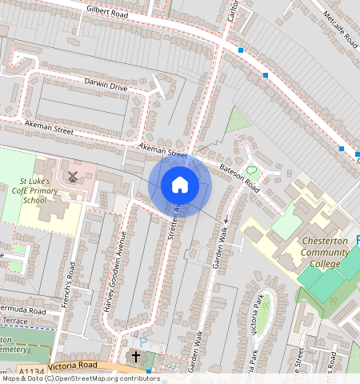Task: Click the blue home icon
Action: coord(180,186)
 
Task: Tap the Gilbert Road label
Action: coord(107,14)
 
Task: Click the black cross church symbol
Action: coord(136,356)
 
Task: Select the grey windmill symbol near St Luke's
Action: coord(73,176)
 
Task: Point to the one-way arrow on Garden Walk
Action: coord(226,218)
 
